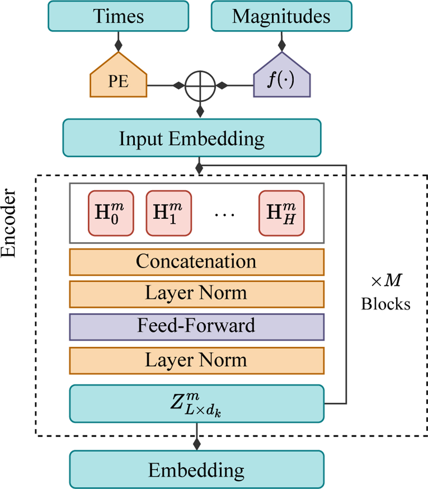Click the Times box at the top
click(x=118, y=16)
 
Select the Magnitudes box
click(x=281, y=16)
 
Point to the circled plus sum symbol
click(x=200, y=86)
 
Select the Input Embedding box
click(x=192, y=138)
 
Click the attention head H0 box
click(x=111, y=213)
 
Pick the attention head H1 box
click(x=169, y=213)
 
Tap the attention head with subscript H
click(x=281, y=213)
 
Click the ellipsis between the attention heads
click(x=225, y=215)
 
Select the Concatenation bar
click(x=197, y=262)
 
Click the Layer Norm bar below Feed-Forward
click(x=197, y=360)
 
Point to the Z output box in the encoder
click(x=197, y=404)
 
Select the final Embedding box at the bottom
click(x=197, y=469)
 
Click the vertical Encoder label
click(x=9, y=223)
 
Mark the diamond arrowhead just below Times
click(x=118, y=45)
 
